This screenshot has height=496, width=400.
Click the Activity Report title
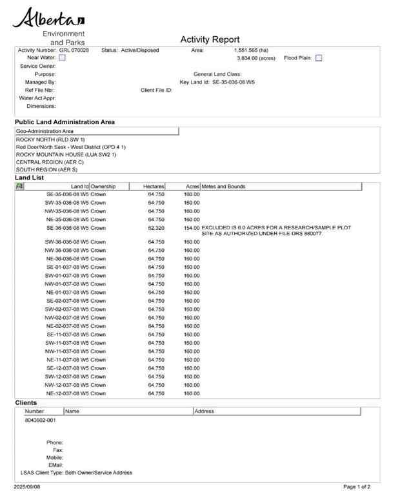pyautogui.click(x=210, y=39)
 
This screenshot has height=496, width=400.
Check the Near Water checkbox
pyautogui.click(x=62, y=58)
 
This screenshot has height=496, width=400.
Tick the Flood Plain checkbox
pyautogui.click(x=319, y=58)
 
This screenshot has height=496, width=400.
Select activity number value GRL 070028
pyautogui.click(x=74, y=50)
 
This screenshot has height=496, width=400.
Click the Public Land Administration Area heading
pyautogui.click(x=65, y=121)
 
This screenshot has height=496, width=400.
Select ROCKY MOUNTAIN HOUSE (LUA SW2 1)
pyautogui.click(x=66, y=154)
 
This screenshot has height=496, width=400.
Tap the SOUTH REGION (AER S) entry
pyautogui.click(x=46, y=170)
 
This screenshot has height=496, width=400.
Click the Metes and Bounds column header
pyautogui.click(x=224, y=187)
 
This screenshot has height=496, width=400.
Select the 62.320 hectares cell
pyautogui.click(x=155, y=228)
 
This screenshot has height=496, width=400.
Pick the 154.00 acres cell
pyautogui.click(x=192, y=228)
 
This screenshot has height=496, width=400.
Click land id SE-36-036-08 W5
pyautogui.click(x=67, y=228)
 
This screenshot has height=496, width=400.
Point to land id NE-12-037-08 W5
pyautogui.click(x=67, y=393)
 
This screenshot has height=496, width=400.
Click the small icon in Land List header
pyautogui.click(x=19, y=187)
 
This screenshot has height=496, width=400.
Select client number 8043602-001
pyautogui.click(x=40, y=420)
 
